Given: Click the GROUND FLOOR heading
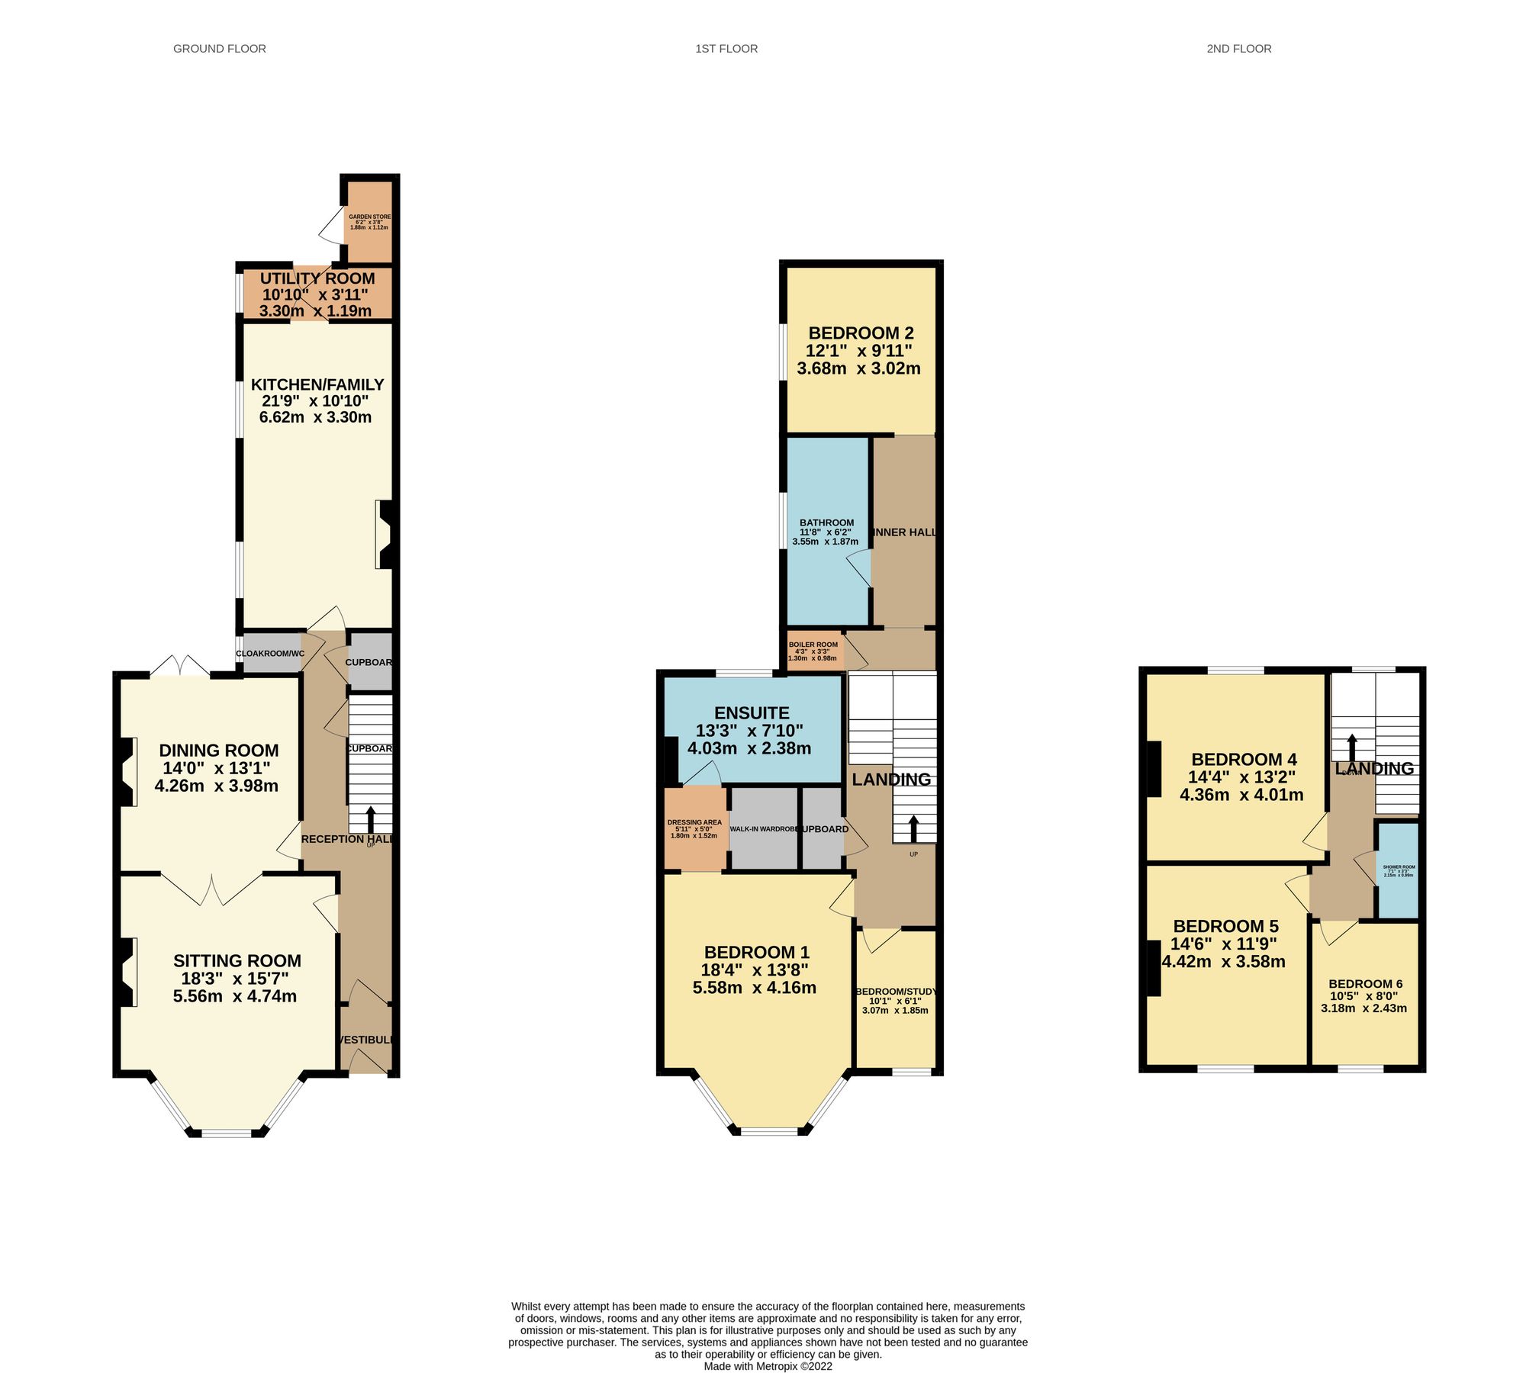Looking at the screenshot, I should click(x=219, y=49).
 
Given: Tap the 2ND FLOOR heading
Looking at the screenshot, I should click(x=1238, y=49).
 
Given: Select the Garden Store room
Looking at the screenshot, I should click(x=369, y=221).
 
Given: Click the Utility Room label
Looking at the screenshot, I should click(x=317, y=278).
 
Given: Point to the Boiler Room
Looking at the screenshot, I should click(x=813, y=651).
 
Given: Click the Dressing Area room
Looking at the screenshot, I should click(x=694, y=828).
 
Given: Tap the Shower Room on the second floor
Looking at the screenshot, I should click(x=1398, y=870).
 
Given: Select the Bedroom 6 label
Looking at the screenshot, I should click(x=1364, y=983).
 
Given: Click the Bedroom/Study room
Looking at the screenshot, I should click(x=894, y=1000).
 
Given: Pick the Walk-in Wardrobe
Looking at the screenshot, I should click(x=763, y=828).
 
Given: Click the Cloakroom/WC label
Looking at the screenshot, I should click(x=270, y=654).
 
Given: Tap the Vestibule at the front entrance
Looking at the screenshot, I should click(x=365, y=1040).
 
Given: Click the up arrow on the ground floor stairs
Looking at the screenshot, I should click(x=371, y=819).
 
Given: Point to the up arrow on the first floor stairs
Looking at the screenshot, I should click(x=913, y=828).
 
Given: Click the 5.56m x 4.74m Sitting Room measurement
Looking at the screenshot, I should click(x=234, y=995).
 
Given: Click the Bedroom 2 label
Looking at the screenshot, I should click(x=860, y=333).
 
